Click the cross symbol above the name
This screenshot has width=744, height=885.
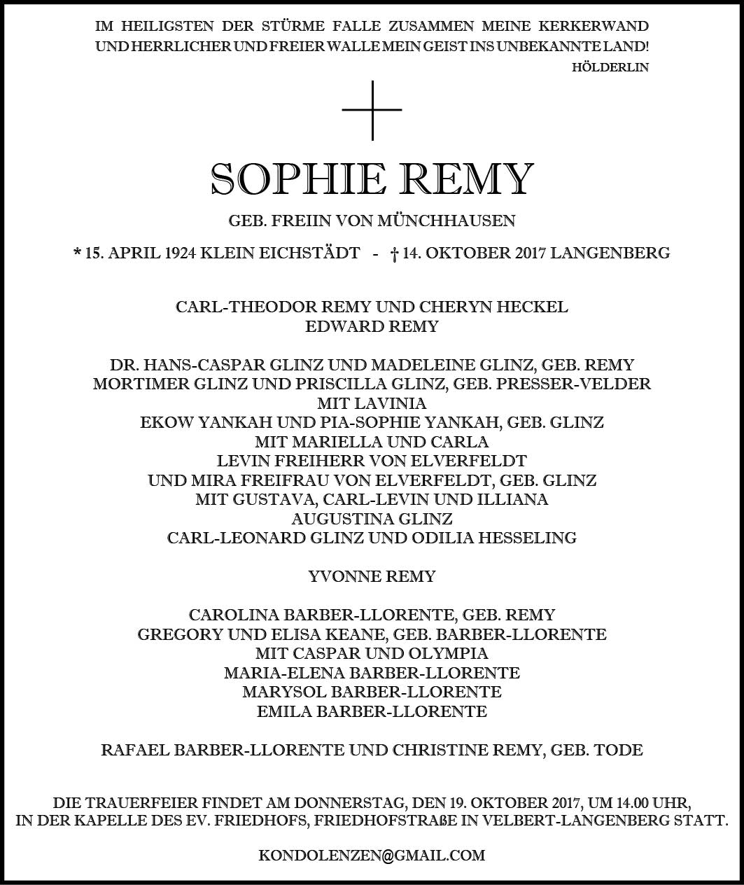point(372,110)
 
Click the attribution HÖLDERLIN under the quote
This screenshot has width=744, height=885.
point(610,68)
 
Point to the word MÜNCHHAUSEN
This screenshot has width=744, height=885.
point(447,221)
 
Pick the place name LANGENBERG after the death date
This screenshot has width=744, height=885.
point(610,253)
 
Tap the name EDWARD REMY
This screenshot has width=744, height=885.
point(372,326)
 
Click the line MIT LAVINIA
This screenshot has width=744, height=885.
point(372,403)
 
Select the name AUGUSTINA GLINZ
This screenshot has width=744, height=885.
point(372,519)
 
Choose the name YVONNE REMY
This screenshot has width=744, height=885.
point(372,576)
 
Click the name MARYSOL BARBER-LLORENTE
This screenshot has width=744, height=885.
point(372,692)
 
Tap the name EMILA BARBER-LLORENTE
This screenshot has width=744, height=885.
point(372,711)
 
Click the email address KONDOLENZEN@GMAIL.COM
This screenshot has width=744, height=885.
point(372,856)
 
